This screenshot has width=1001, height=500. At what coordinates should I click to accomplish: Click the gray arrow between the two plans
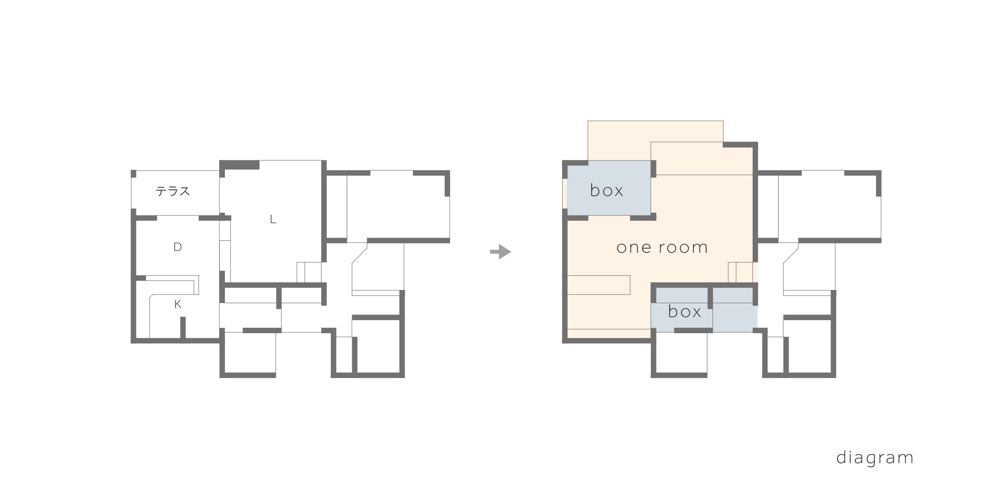pyautogui.click(x=500, y=252)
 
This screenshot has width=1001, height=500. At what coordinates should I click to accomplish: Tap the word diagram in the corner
pyautogui.click(x=875, y=458)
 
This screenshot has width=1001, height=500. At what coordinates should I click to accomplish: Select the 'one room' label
pyautogui.click(x=662, y=247)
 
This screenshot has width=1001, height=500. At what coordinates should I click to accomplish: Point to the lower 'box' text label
pyautogui.click(x=684, y=312)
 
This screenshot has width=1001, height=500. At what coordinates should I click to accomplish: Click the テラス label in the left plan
pyautogui.click(x=173, y=191)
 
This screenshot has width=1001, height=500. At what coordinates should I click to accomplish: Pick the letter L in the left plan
pyautogui.click(x=273, y=220)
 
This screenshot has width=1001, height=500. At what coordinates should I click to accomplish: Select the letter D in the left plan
pyautogui.click(x=178, y=247)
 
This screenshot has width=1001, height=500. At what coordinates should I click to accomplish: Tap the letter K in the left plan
pyautogui.click(x=178, y=304)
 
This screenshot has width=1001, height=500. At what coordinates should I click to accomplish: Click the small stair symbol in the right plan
pyautogui.click(x=740, y=272)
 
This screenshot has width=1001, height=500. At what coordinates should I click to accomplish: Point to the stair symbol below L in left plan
pyautogui.click(x=309, y=272)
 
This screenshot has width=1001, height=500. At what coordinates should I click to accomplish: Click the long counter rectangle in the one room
pyautogui.click(x=598, y=285)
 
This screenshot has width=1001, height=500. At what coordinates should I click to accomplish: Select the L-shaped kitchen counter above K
pyautogui.click(x=174, y=286)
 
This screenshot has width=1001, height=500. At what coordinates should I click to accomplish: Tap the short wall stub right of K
pyautogui.click(x=183, y=327)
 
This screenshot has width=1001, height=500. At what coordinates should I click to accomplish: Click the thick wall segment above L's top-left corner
pyautogui.click(x=240, y=165)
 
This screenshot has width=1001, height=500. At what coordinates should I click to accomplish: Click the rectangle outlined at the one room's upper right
pyautogui.click(x=701, y=158)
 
